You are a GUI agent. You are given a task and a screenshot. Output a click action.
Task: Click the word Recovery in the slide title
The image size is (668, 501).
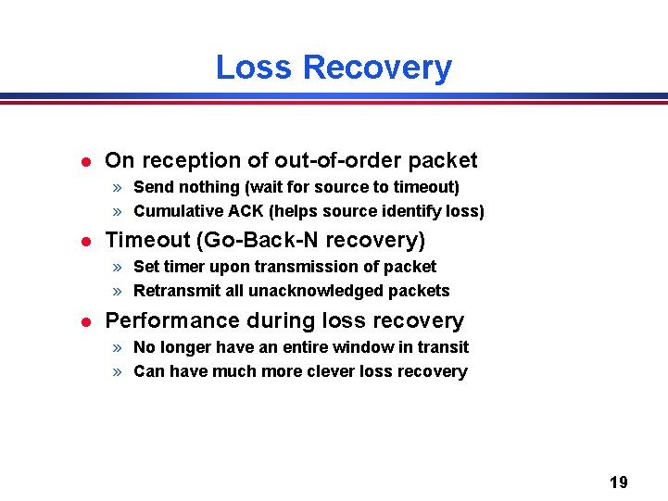pos(377,68)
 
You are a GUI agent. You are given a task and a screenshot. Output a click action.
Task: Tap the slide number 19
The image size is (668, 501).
pos(618,482)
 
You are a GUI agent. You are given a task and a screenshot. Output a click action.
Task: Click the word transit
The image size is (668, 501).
pos(443,347)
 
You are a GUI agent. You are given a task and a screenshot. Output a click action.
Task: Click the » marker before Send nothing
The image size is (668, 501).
pos(119,187)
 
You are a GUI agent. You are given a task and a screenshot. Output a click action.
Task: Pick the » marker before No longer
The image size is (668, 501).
pos(119,347)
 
